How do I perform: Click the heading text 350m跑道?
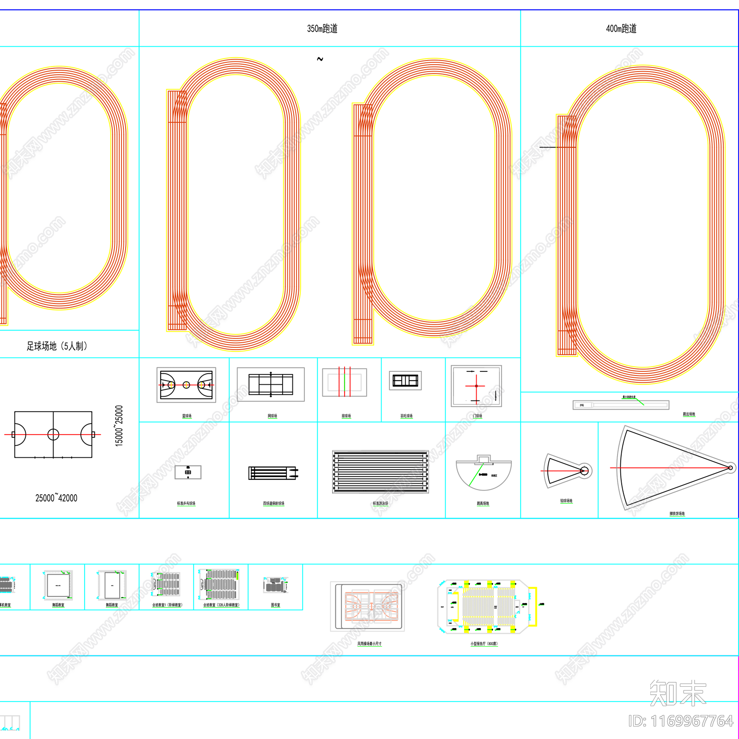322,29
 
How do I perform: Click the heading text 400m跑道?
621,29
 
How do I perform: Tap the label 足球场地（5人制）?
57,346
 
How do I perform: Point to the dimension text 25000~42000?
56,498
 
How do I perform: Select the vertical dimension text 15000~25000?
119,426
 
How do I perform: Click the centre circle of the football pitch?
54,434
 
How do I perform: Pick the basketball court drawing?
186,385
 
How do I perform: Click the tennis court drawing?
271,384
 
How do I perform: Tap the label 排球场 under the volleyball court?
346,416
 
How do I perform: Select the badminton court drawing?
406,381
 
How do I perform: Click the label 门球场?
478,416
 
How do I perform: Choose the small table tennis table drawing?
188,472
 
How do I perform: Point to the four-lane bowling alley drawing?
273,473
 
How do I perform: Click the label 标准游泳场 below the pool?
381,503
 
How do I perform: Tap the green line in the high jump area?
476,475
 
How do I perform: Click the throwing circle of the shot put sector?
584,471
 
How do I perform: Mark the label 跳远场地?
689,414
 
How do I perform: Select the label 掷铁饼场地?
677,514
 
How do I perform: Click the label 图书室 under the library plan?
275,605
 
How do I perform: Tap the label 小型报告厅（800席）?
484,643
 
